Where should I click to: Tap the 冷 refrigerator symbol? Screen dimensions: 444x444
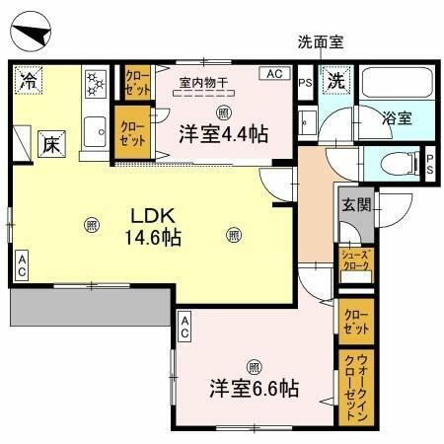pyautogui.click(x=30, y=81)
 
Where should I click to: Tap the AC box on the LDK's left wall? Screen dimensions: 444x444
pyautogui.click(x=22, y=262)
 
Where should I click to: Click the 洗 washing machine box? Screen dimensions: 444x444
pyautogui.click(x=335, y=82)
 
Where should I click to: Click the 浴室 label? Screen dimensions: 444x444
pyautogui.click(x=397, y=117)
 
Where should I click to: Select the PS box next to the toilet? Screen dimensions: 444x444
pyautogui.click(x=429, y=163)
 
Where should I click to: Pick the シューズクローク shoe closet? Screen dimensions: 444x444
pyautogui.click(x=354, y=260)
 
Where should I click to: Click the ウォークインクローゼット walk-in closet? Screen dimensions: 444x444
pyautogui.click(x=354, y=388)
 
